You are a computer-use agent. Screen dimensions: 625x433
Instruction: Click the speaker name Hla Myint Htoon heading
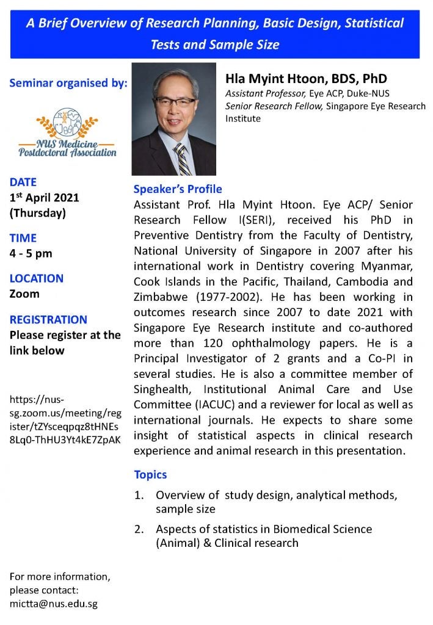pyautogui.click(x=306, y=79)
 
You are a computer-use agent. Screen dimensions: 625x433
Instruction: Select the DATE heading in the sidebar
pyautogui.click(x=23, y=182)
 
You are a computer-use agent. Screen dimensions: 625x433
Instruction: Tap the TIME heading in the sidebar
pyautogui.click(x=23, y=238)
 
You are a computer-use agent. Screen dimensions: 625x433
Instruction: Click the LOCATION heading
pyautogui.click(x=37, y=278)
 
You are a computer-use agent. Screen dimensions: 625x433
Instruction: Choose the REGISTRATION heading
pyautogui.click(x=49, y=319)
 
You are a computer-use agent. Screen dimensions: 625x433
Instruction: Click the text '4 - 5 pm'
pyautogui.click(x=31, y=253)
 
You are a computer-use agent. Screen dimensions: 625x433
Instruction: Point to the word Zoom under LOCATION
pyautogui.click(x=24, y=294)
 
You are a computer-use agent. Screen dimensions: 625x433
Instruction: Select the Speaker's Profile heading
pyautogui.click(x=178, y=189)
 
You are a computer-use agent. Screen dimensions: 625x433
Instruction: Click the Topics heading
pyautogui.click(x=150, y=474)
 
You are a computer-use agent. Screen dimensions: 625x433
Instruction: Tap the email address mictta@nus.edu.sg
pyautogui.click(x=54, y=604)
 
